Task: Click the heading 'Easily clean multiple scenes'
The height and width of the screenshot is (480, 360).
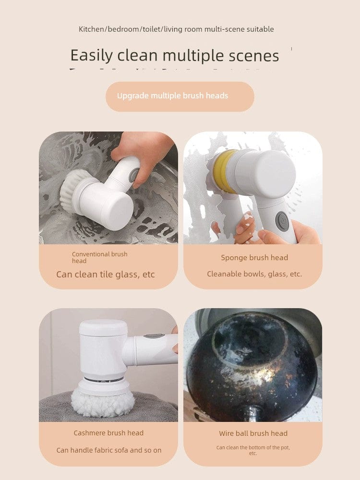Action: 175,56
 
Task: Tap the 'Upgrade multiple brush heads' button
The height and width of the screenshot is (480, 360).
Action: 180,96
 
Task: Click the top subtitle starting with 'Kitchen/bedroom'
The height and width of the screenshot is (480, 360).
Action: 176,29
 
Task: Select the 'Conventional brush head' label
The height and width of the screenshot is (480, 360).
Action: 99,257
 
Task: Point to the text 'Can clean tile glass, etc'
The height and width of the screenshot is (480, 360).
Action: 106,275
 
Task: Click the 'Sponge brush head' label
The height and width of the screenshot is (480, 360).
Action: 254,258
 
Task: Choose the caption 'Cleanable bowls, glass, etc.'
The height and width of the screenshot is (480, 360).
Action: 254,274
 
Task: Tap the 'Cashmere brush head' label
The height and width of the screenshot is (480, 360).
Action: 108,433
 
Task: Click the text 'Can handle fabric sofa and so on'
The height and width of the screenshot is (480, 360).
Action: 109,450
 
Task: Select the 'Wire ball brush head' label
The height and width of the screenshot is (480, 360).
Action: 253,433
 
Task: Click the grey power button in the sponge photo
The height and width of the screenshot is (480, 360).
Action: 282,221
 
